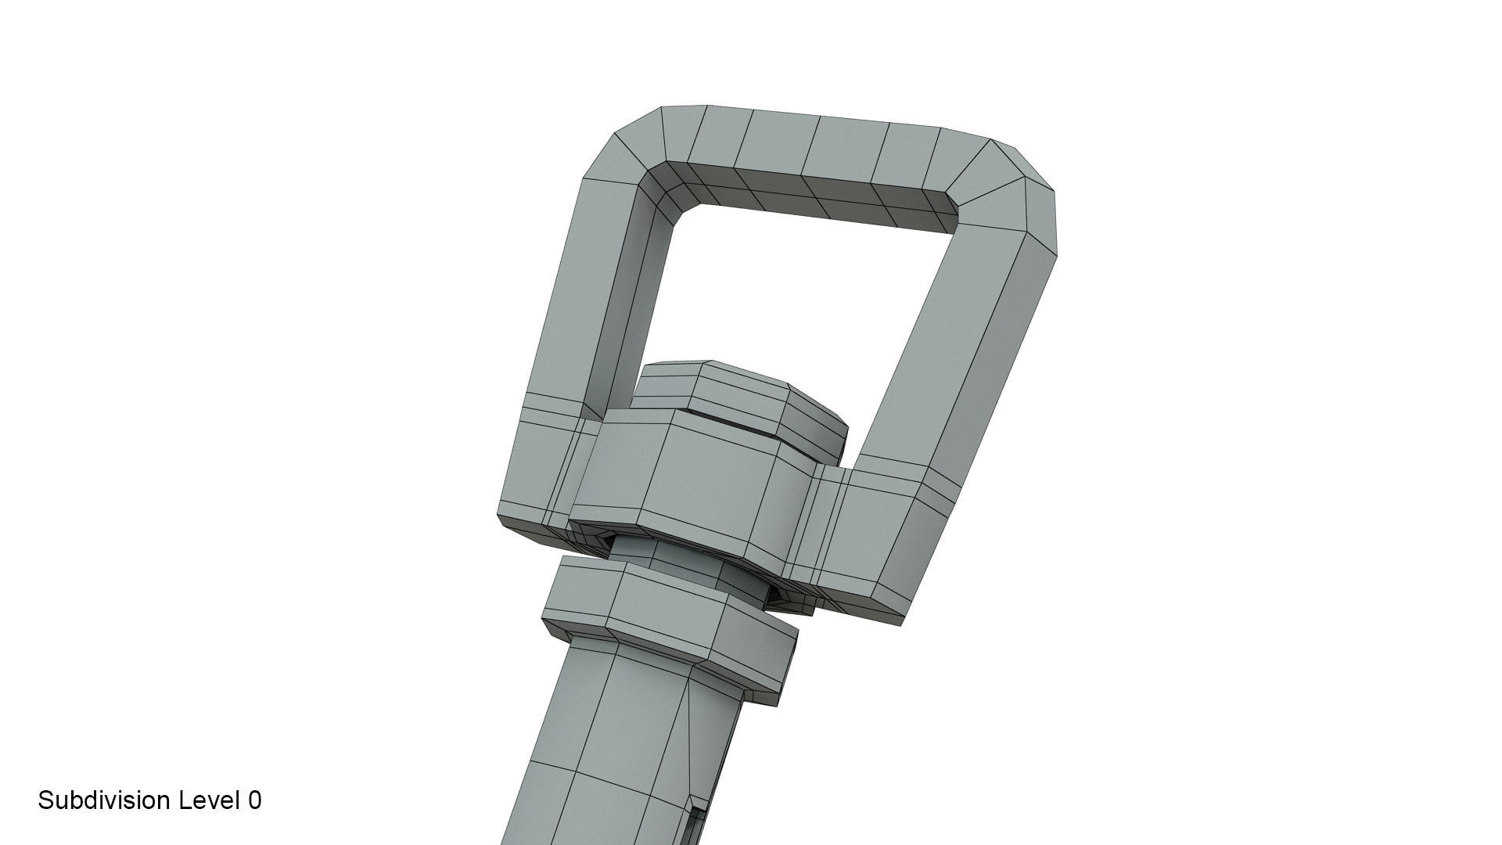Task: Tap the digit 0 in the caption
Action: pos(255,800)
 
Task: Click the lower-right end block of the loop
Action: pos(884,540)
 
